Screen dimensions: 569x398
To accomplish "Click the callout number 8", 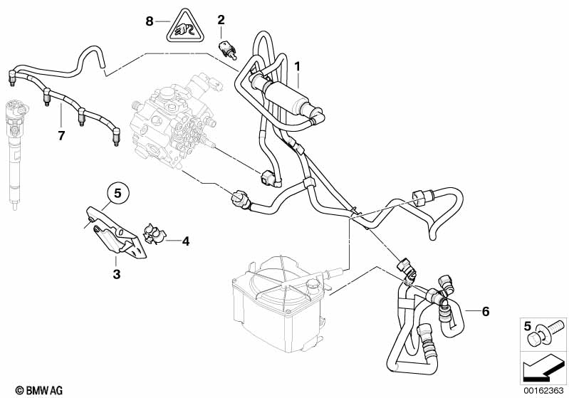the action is [149, 21].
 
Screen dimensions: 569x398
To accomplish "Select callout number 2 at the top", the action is [221, 20].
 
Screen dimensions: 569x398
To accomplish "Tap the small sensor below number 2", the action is [227, 50].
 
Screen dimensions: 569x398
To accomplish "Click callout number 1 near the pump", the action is [298, 66].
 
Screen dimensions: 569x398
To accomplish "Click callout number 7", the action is [61, 136].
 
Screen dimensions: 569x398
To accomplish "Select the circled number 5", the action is [118, 194].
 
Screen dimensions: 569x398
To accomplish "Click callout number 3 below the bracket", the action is [116, 274].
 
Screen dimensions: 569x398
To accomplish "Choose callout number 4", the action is [185, 241].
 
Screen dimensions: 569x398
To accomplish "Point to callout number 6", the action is [486, 311].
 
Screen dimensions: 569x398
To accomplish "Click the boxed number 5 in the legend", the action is [527, 326].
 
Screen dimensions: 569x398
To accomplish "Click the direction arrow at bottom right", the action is [543, 367].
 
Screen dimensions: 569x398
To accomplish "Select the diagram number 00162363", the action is [543, 390].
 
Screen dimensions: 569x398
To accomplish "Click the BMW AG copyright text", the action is [39, 390].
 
